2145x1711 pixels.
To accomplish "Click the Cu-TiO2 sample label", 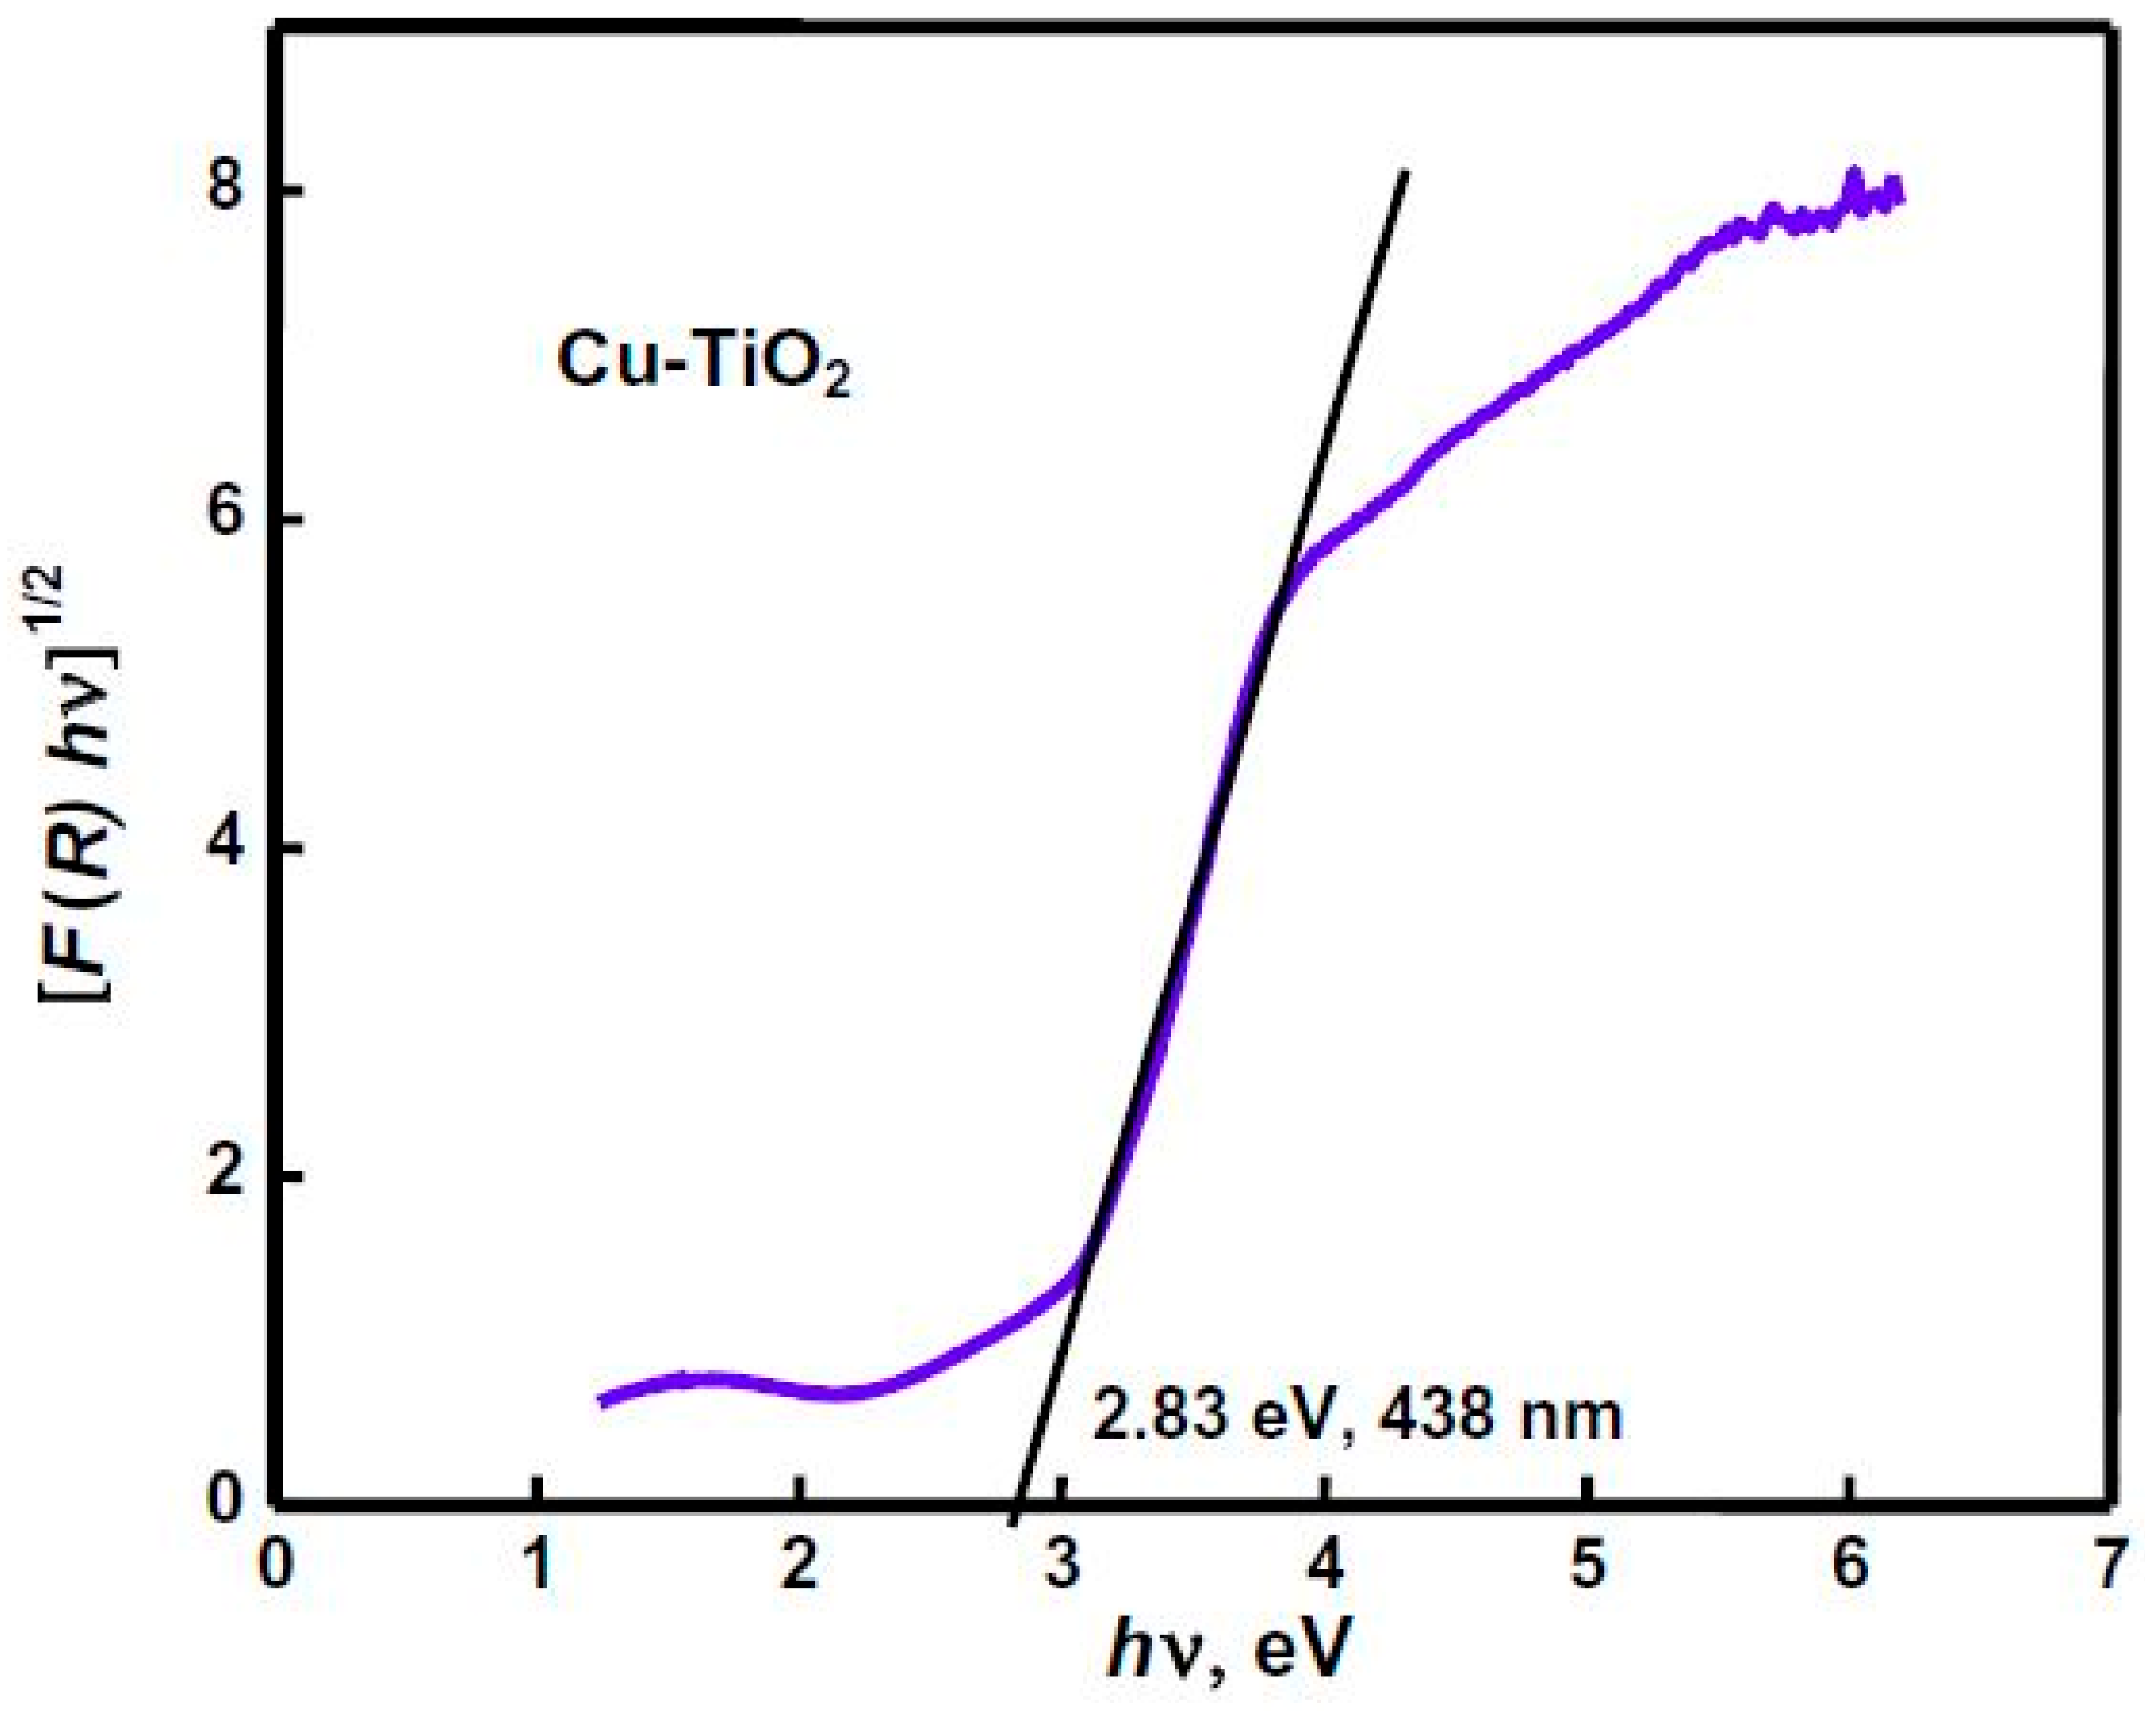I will pos(703,363).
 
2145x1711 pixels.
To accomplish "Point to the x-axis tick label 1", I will pos(538,1569).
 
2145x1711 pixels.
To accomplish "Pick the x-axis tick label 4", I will pos(1324,1569).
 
